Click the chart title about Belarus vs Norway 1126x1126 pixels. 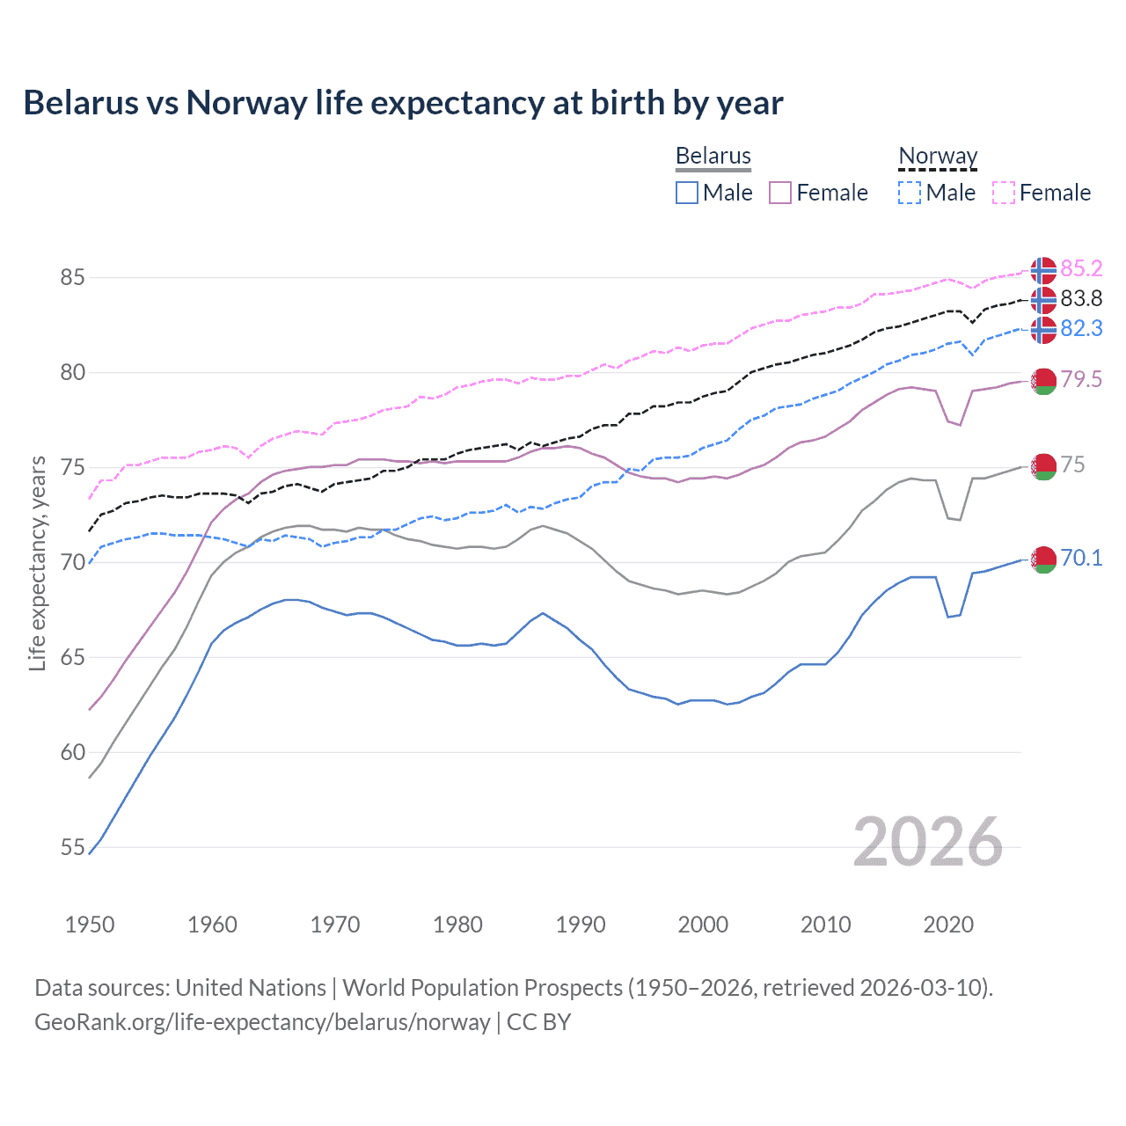pyautogui.click(x=403, y=103)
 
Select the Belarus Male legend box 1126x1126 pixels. pyautogui.click(x=687, y=193)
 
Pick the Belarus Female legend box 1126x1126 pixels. pyautogui.click(x=780, y=193)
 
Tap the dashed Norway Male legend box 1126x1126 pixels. pyautogui.click(x=910, y=193)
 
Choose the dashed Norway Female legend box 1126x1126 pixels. pyautogui.click(x=1004, y=193)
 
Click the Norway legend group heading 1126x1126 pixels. pyautogui.click(x=938, y=156)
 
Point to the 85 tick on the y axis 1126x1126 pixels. pyautogui.click(x=72, y=278)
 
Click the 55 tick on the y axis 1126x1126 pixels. pyautogui.click(x=72, y=848)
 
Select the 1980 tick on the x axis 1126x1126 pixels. pyautogui.click(x=457, y=925)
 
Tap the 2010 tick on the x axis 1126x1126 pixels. pyautogui.click(x=825, y=925)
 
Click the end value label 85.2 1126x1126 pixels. pyautogui.click(x=1081, y=268)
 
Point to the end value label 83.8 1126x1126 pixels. pyautogui.click(x=1081, y=299)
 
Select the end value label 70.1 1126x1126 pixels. pyautogui.click(x=1081, y=559)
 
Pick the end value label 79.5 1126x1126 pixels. pyautogui.click(x=1081, y=379)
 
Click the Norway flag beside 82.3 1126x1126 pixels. pyautogui.click(x=1043, y=330)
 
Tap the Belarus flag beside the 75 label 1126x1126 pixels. pyautogui.click(x=1043, y=466)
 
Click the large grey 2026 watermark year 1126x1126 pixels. pyautogui.click(x=928, y=843)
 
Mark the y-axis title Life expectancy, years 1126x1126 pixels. pyautogui.click(x=38, y=563)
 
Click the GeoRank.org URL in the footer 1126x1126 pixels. pyautogui.click(x=262, y=1022)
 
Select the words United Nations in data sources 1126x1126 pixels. pyautogui.click(x=251, y=988)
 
